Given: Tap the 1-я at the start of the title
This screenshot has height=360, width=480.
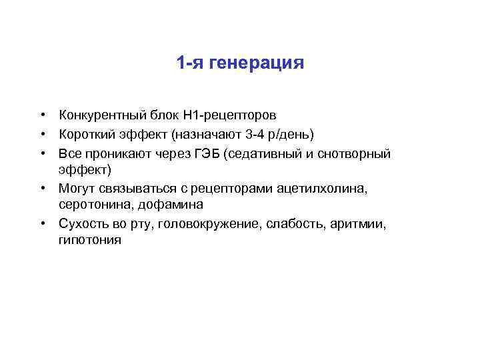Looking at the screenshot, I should [191, 64].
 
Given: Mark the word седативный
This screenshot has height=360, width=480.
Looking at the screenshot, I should [260, 154].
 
